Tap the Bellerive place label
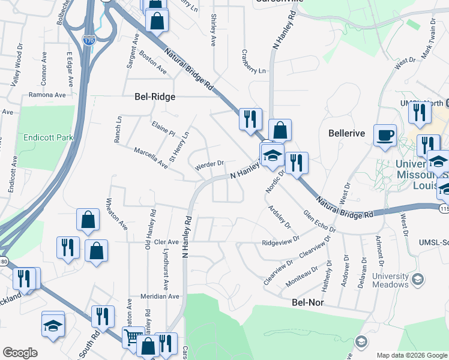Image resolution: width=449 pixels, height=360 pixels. pyautogui.click(x=347, y=133)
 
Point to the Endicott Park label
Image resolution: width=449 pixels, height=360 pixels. pyautogui.click(x=48, y=137)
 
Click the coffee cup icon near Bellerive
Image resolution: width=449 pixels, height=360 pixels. pyautogui.click(x=384, y=135)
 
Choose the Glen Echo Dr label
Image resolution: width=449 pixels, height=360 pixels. pyautogui.click(x=319, y=221)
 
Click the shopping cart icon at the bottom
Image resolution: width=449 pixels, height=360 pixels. pyautogui.click(x=133, y=337)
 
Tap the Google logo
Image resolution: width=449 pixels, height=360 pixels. pyautogui.click(x=20, y=353)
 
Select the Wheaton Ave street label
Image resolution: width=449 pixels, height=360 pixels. pyautogui.click(x=117, y=214)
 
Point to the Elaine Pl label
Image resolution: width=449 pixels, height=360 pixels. pyautogui.click(x=163, y=128)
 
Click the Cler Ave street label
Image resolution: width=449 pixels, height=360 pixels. pyautogui.click(x=167, y=242)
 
